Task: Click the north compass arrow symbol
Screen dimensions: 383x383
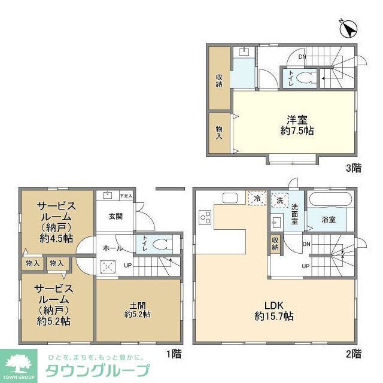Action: [349, 27]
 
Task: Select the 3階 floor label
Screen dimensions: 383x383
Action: [354, 168]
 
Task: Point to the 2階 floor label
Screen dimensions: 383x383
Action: [353, 354]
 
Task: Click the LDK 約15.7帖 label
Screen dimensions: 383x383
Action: [273, 309]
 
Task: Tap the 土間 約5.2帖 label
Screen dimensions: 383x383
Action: [138, 309]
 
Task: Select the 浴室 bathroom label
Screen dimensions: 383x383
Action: [329, 220]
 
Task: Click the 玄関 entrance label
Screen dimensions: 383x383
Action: [115, 217]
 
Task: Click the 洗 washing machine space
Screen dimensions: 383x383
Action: [279, 200]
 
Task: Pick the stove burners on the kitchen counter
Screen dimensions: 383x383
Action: [205, 217]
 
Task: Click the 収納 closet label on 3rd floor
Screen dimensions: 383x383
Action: [220, 80]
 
